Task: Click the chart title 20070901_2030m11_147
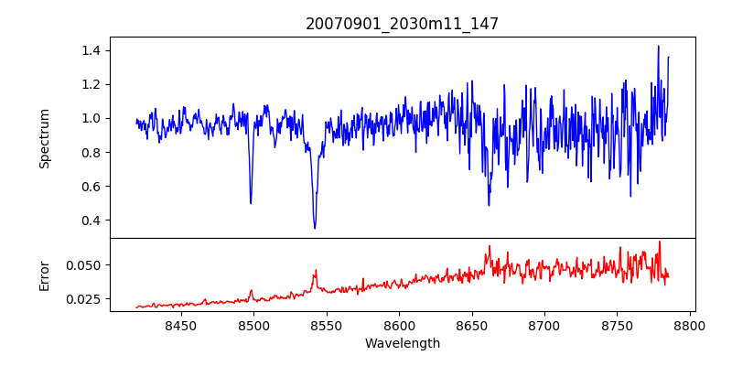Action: [402, 24]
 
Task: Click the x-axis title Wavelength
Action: [402, 343]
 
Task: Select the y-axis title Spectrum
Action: [44, 138]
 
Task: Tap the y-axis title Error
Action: [44, 275]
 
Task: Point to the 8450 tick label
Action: [181, 325]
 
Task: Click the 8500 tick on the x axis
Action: [253, 325]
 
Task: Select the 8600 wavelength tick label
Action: [399, 325]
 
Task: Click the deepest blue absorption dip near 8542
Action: [315, 228]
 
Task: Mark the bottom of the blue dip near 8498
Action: [251, 202]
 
